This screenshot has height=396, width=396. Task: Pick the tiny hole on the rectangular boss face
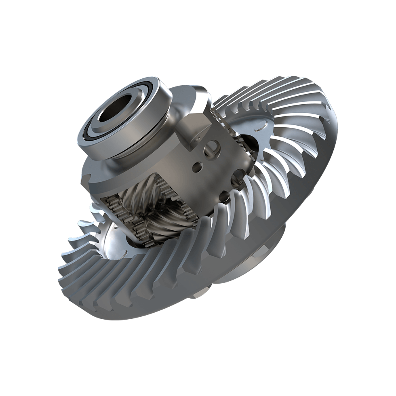pyautogui.click(x=197, y=139)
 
